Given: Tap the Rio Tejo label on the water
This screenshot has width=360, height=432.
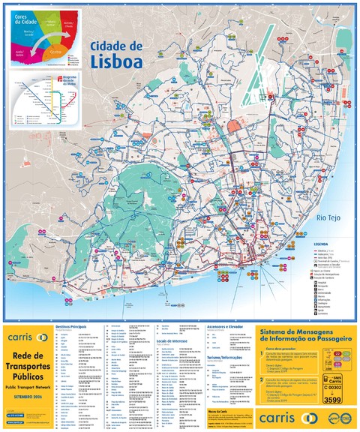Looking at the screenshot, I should (329, 217).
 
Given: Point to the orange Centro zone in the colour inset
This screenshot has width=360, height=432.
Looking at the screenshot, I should (56, 52).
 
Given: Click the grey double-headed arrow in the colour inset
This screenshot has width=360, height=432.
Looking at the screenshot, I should (45, 37).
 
